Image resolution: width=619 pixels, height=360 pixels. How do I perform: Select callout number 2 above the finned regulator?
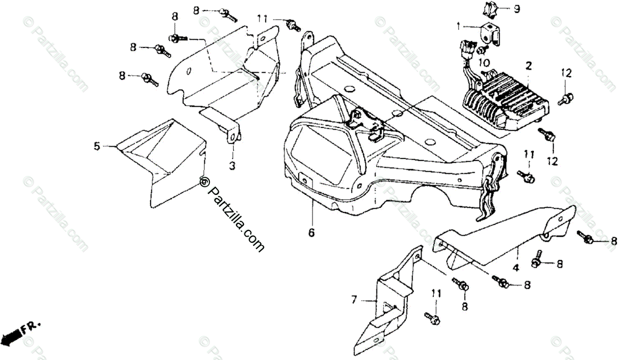coord(528,66)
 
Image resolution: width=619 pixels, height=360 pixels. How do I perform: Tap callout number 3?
coord(232,166)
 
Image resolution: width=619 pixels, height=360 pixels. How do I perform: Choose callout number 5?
coord(97,146)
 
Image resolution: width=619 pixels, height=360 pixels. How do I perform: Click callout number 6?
coord(311,233)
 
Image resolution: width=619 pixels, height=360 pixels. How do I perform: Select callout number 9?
coord(516,9)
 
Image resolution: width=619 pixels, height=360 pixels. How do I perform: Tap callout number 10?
coord(483,62)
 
